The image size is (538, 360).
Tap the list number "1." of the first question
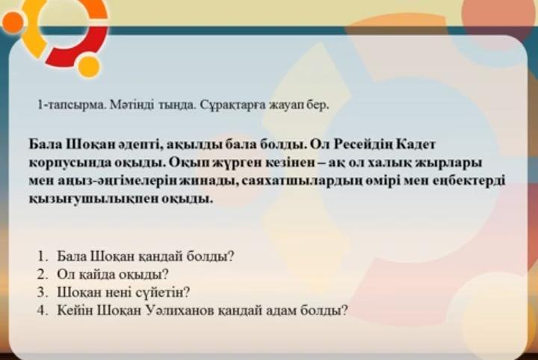tap(43, 255)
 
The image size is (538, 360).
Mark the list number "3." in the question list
tap(43, 292)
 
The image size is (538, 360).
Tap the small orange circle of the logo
tap(13, 22)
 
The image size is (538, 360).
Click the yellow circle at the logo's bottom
tap(89, 66)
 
